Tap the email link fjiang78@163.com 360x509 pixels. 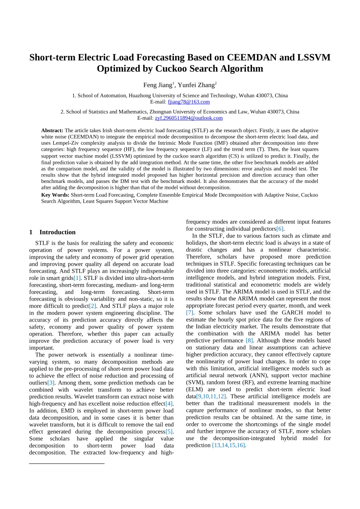pyautogui.click(x=189, y=102)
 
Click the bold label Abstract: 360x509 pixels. pyautogui.click(x=52, y=130)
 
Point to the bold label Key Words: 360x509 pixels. pyautogui.click(x=55, y=195)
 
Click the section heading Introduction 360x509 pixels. pyautogui.click(x=57, y=232)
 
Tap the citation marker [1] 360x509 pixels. pyautogui.click(x=77, y=278)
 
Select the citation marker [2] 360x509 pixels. pyautogui.click(x=92, y=306)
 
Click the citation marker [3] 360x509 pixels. pyautogui.click(x=51, y=383)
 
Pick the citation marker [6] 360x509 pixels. pyautogui.click(x=280, y=229)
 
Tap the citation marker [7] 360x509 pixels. pyautogui.click(x=189, y=313)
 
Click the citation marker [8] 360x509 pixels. pyautogui.click(x=249, y=340)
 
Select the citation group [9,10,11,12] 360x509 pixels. pyautogui.click(x=211, y=397)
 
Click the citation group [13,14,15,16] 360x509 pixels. pyautogui.click(x=229, y=445)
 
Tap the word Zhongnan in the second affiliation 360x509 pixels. pyautogui.click(x=160, y=112)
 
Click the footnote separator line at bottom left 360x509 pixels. pyautogui.click(x=67, y=463)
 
